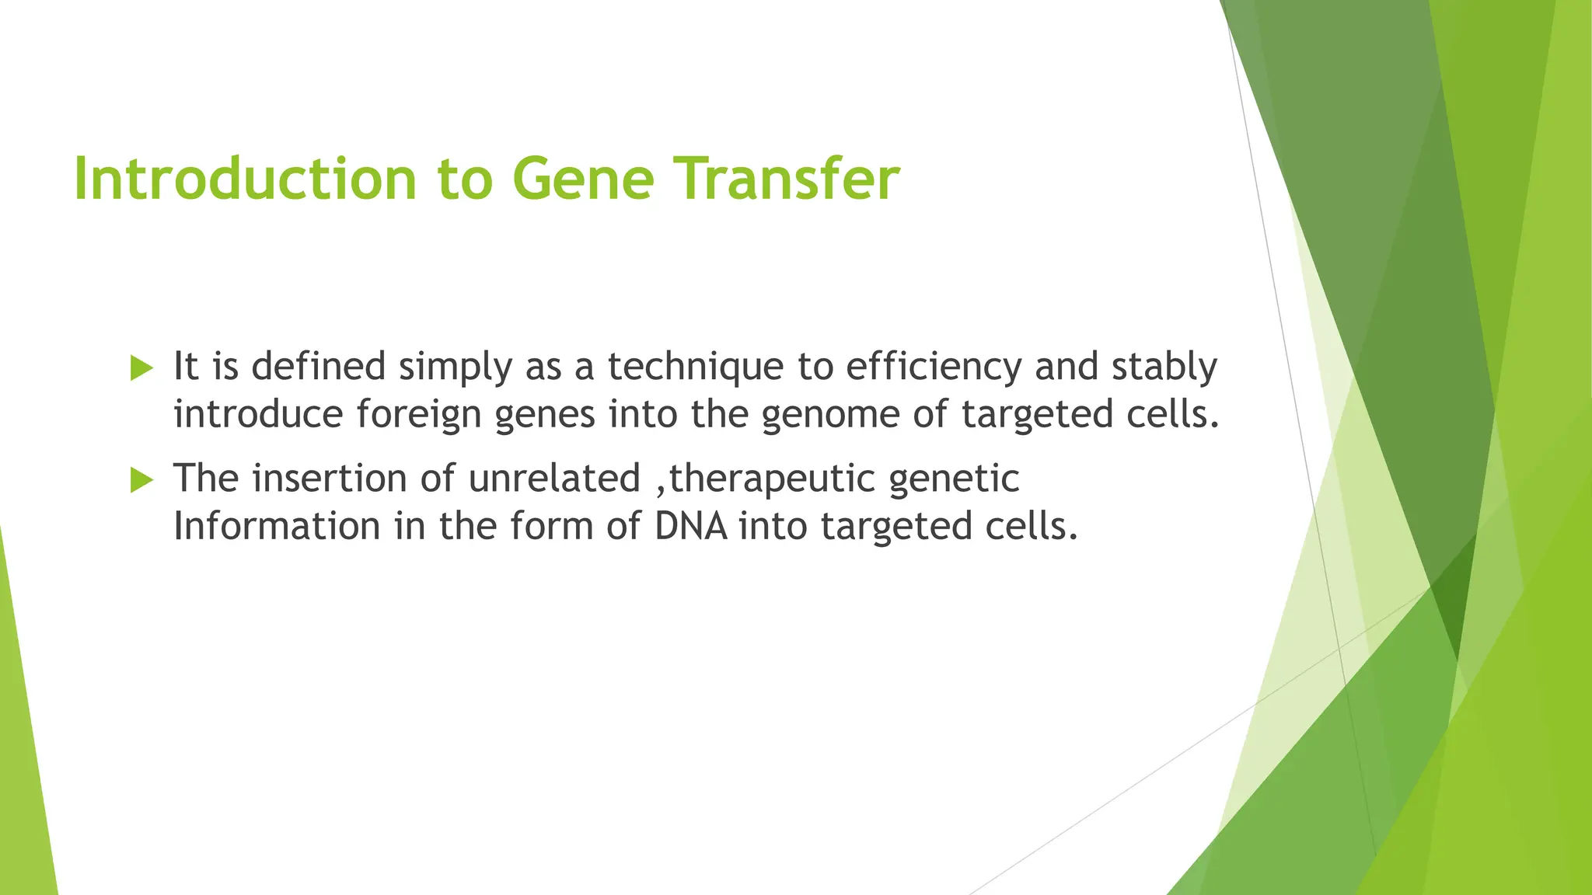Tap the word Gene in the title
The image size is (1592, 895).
click(x=583, y=179)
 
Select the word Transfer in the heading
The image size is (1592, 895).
click(x=785, y=179)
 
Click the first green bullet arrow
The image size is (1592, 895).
click(x=141, y=367)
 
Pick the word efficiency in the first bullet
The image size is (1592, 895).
click(x=933, y=367)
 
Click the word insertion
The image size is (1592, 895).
click(x=330, y=478)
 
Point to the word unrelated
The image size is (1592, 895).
click(x=554, y=478)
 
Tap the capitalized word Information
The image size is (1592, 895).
click(x=276, y=526)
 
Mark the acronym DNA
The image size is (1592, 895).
click(x=691, y=526)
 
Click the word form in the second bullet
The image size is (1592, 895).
click(x=551, y=526)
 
